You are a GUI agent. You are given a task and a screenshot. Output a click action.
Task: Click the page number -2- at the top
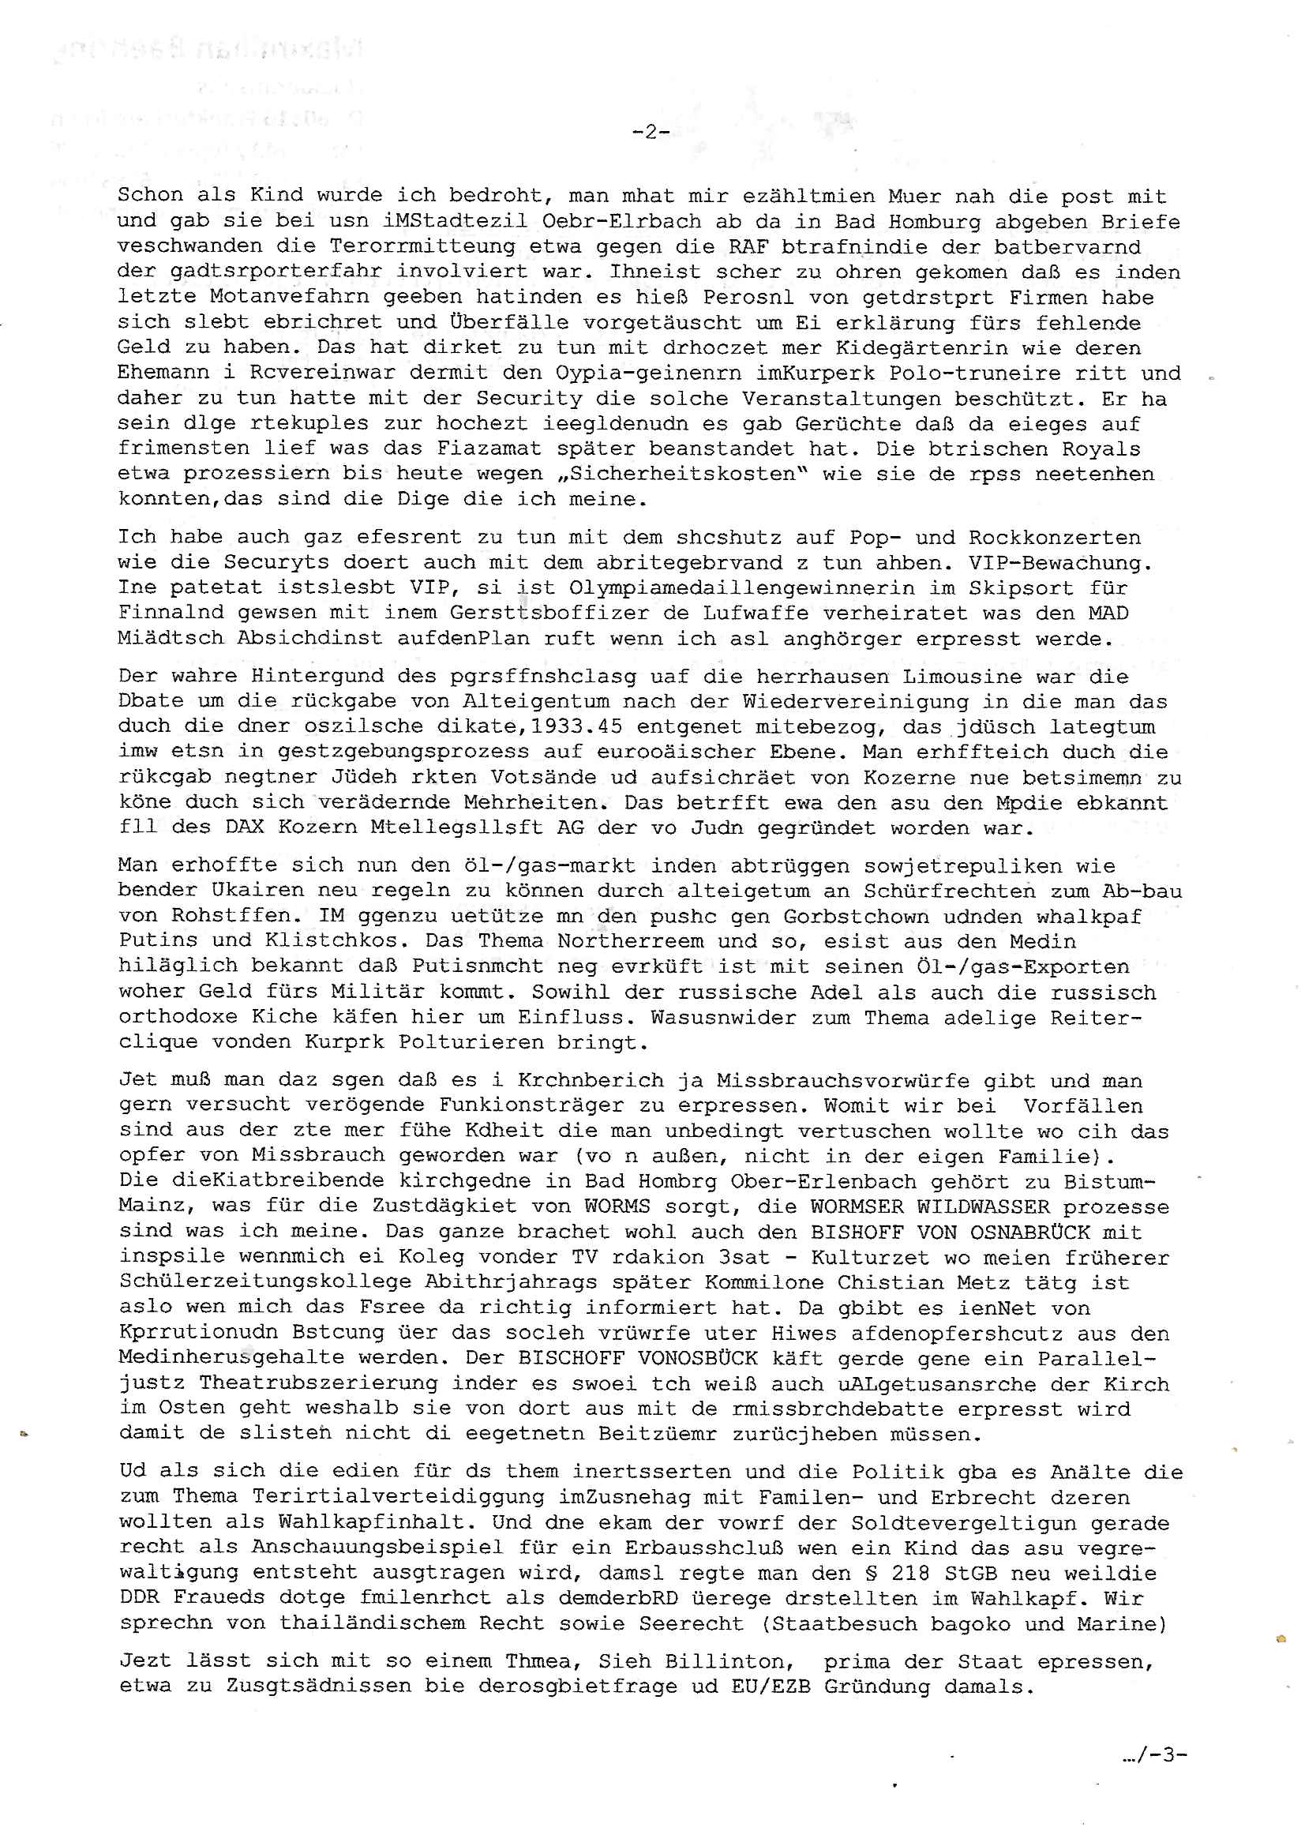click(x=651, y=133)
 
